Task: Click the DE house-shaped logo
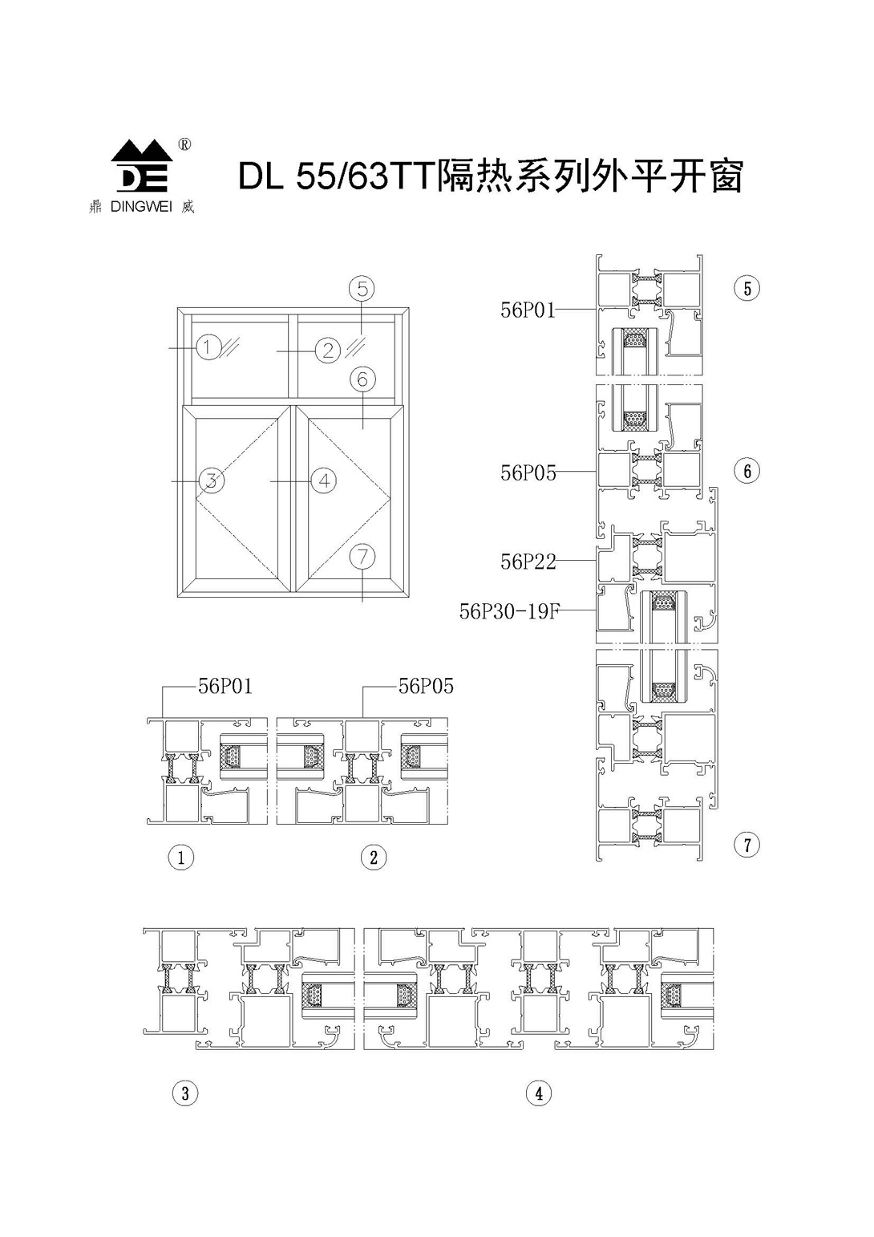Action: (x=142, y=166)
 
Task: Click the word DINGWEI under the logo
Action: (x=141, y=208)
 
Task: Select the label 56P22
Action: (x=528, y=562)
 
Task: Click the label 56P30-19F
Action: (x=510, y=611)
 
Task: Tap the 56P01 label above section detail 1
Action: (x=225, y=686)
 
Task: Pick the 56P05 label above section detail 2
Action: (x=426, y=686)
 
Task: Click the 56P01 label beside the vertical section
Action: (x=528, y=310)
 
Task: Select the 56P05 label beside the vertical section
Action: (x=528, y=472)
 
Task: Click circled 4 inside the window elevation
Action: (x=324, y=481)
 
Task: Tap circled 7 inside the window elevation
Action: (x=362, y=557)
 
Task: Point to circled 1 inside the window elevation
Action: (x=208, y=347)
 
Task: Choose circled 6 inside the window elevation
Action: (x=362, y=379)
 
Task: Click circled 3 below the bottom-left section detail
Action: (x=185, y=1104)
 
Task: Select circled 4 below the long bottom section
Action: (x=539, y=1104)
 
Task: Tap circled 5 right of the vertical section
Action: (x=747, y=288)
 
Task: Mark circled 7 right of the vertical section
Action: (x=747, y=845)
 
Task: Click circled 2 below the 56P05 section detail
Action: (x=373, y=857)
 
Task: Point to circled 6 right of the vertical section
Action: (x=747, y=471)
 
